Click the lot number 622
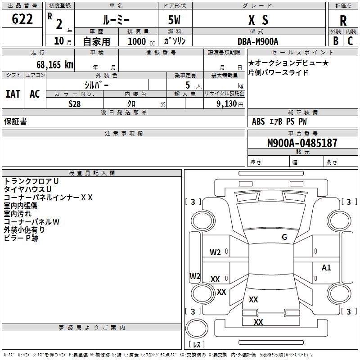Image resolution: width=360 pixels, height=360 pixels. [22, 19]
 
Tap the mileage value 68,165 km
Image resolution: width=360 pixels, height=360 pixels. [52, 64]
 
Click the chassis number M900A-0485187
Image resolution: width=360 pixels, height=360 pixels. [302, 144]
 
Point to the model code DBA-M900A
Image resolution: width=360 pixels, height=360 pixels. [258, 41]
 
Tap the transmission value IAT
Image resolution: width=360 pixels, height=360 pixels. [13, 94]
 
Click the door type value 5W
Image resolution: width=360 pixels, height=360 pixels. [175, 20]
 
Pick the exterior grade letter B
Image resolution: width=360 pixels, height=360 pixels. [335, 41]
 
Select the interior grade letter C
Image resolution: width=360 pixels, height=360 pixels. [350, 41]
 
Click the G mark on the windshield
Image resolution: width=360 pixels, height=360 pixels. [284, 237]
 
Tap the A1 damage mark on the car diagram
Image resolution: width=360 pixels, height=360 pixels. [326, 268]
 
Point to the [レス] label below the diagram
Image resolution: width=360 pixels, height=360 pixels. [197, 344]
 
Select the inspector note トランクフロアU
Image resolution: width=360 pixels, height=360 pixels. [31, 181]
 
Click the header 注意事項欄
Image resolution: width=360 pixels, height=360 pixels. [124, 134]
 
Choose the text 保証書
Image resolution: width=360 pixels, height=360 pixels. [15, 121]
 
